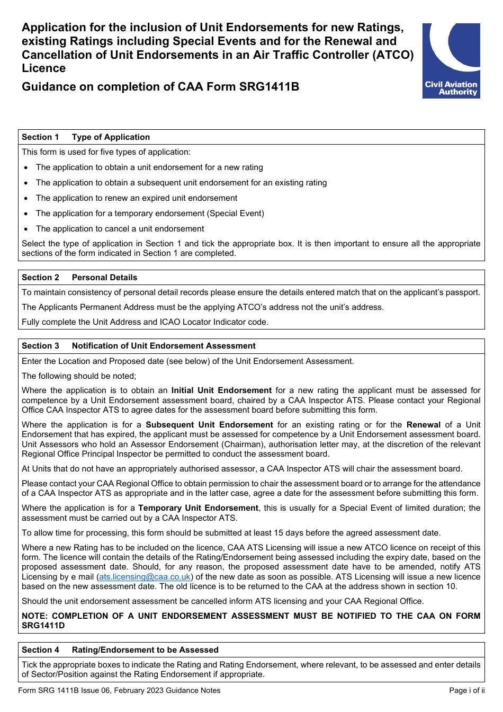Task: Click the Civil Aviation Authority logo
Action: pyautogui.click(x=451, y=60)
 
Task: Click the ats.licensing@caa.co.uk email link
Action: pyautogui.click(x=145, y=577)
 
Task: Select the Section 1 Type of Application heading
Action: pyautogui.click(x=86, y=137)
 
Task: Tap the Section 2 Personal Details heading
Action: pyautogui.click(x=79, y=278)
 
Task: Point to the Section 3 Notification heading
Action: pyautogui.click(x=139, y=346)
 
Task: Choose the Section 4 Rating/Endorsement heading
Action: pyautogui.click(x=120, y=650)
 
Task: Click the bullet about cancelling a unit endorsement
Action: pyautogui.click(x=120, y=229)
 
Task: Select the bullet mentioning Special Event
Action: pyautogui.click(x=150, y=213)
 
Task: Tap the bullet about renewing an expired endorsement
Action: pyautogui.click(x=137, y=198)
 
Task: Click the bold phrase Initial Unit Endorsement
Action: pyautogui.click(x=221, y=390)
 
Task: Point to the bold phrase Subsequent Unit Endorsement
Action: pyautogui.click(x=209, y=425)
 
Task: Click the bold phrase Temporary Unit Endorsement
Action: pyautogui.click(x=198, y=508)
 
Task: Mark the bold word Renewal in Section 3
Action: pyautogui.click(x=423, y=425)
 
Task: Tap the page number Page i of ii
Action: pyautogui.click(x=466, y=690)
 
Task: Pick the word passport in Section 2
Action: pyautogui.click(x=461, y=292)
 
